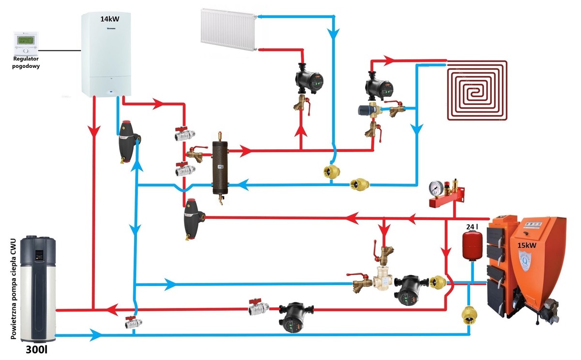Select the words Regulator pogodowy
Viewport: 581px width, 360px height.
26,63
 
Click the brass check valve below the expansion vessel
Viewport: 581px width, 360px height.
469,315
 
